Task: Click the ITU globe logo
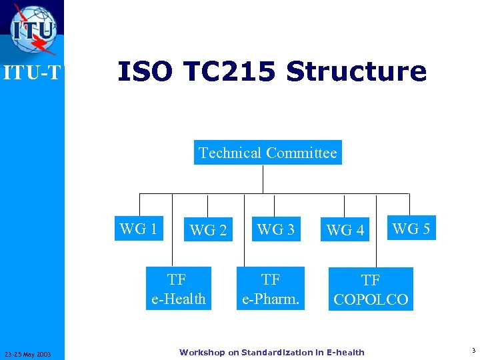(x=33, y=29)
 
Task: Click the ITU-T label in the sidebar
(x=32, y=73)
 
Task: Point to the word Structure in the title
(x=356, y=71)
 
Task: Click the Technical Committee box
(x=267, y=153)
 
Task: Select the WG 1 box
(x=139, y=229)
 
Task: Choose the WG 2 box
(x=208, y=230)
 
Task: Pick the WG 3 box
(x=275, y=229)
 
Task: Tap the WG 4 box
(x=345, y=230)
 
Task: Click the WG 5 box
(x=411, y=229)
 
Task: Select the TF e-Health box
(x=178, y=289)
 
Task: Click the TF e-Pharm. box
(x=271, y=289)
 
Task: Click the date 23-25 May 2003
(x=31, y=353)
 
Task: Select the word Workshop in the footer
(x=202, y=352)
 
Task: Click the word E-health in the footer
(x=343, y=352)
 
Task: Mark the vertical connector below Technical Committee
(x=264, y=179)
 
